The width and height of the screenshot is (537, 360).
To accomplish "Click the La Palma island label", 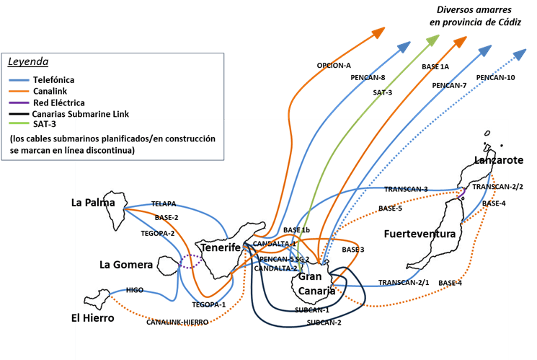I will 94,203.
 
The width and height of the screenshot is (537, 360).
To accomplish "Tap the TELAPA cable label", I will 164,204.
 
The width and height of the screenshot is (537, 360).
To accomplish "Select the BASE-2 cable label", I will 167,217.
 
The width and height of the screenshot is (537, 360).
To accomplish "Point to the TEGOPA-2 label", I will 158,234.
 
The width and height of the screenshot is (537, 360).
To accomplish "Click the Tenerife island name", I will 220,247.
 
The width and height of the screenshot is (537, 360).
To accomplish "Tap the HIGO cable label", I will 135,290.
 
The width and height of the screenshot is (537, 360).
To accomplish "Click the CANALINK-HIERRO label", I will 177,322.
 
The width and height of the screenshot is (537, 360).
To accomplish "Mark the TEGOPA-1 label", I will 209,304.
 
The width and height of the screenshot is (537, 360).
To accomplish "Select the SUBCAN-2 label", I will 324,322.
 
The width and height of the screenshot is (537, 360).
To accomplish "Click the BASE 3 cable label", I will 353,250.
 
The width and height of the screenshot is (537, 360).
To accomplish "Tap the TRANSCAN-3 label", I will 406,189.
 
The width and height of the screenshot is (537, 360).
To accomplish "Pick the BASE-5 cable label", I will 390,208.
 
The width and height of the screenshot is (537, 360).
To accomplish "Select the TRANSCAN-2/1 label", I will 404,282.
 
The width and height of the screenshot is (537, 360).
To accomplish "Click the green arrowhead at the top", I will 435,39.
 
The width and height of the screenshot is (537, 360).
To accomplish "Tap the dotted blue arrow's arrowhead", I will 520,53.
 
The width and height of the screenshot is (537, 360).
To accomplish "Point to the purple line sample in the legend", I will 19,102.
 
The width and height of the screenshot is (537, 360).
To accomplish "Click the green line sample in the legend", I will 19,123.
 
